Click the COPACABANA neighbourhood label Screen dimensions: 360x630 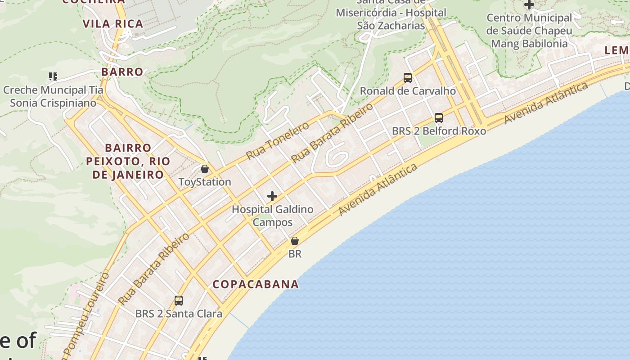click(256, 284)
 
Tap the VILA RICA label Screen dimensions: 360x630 click(113, 24)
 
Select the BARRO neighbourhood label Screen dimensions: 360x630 click(122, 72)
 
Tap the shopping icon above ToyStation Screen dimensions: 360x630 click(205, 169)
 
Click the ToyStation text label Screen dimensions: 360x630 click(205, 182)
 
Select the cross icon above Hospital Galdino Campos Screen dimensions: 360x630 click(272, 196)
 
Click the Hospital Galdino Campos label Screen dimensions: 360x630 click(272, 216)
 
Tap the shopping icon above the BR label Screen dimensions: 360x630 click(295, 241)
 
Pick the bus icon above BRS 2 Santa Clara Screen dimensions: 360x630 click(179, 301)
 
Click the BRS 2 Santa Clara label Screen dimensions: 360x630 click(179, 314)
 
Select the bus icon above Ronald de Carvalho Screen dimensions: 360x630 click(408, 78)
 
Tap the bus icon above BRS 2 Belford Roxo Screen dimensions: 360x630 click(439, 118)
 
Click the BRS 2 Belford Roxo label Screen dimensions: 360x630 click(439, 131)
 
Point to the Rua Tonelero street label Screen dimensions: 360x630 click(278, 140)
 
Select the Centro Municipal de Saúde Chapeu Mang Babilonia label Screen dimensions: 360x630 click(529, 31)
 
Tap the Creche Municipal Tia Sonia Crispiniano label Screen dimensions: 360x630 click(53, 96)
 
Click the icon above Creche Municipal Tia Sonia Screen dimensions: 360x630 click(53, 76)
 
